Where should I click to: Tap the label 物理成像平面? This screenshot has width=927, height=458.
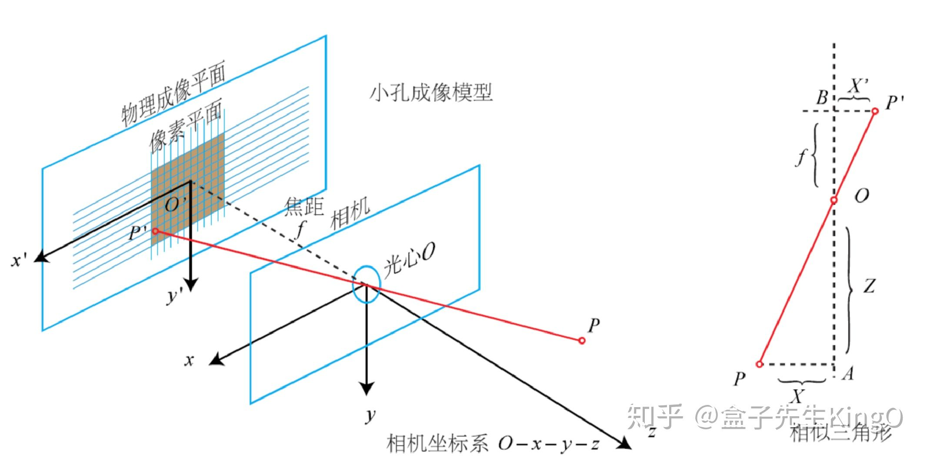pos(173,93)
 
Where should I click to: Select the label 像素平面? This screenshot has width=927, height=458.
pos(186,126)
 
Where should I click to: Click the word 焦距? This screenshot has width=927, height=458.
pos(304,207)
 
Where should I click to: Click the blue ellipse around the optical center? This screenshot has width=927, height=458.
pos(367,284)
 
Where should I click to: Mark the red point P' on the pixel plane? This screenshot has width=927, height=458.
pos(155,231)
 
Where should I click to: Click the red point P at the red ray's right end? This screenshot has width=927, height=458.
pos(582,341)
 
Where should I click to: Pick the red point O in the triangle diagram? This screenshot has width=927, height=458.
pos(834,200)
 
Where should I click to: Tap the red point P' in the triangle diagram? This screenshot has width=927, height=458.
pos(875,111)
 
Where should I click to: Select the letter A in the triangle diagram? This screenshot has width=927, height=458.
pos(847,373)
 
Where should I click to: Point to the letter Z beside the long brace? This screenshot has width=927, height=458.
pos(869,286)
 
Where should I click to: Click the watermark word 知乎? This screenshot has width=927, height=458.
pos(654,416)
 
